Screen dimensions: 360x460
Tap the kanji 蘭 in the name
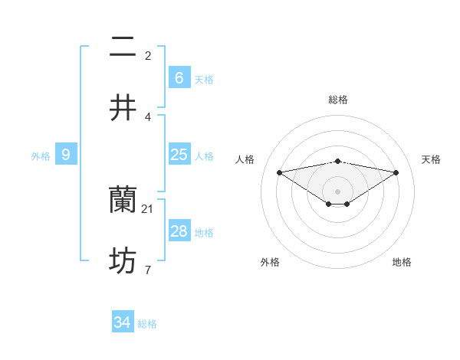point(123,201)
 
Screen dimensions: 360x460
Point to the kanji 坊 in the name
point(123,262)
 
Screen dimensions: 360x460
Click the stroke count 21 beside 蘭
point(148,208)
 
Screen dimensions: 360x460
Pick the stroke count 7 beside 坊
point(147,270)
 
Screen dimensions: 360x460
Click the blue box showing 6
point(179,78)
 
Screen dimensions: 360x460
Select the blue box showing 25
point(179,155)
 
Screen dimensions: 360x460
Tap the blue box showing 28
point(179,231)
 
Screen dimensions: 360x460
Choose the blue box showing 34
point(122,323)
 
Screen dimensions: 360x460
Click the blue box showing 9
point(66,155)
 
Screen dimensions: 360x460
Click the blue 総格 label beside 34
point(147,324)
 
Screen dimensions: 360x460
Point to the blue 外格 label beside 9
point(41,156)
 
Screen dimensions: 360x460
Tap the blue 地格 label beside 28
point(204,233)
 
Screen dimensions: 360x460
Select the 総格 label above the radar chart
point(337,100)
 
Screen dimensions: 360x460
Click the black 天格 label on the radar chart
point(431,159)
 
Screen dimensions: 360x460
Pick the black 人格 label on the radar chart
point(245,159)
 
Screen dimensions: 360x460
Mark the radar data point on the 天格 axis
point(396,172)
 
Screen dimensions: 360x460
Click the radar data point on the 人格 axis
point(279,172)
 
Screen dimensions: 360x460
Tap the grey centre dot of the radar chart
point(337,191)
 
